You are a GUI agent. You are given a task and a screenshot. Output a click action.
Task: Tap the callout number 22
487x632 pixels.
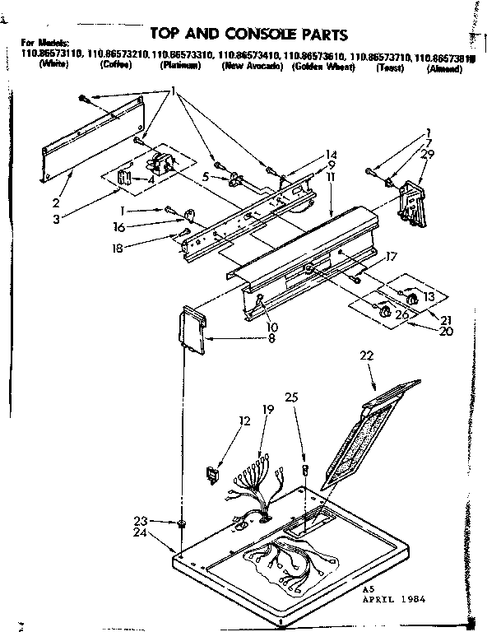(x=367, y=355)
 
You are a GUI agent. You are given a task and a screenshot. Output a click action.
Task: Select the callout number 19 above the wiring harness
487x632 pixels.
(x=267, y=409)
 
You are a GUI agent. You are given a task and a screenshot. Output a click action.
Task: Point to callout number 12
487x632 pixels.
(x=243, y=421)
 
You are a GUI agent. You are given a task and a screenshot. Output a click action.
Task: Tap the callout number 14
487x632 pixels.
(x=332, y=154)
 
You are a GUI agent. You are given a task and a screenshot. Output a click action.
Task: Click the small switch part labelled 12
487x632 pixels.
(x=212, y=474)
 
